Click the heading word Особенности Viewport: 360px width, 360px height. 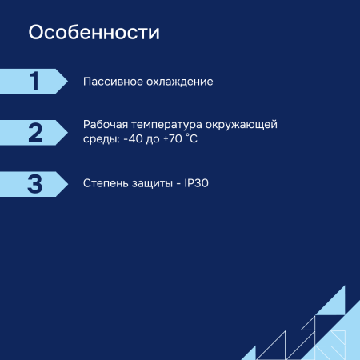[94, 34]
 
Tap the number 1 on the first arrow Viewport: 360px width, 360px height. [34, 82]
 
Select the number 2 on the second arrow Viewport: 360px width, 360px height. [34, 132]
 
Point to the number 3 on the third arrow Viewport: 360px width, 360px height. [34, 183]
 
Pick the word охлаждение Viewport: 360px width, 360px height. [180, 82]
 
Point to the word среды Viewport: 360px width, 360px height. [100, 139]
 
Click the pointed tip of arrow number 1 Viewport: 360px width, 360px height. [67, 82]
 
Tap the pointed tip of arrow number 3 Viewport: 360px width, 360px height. [67, 183]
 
